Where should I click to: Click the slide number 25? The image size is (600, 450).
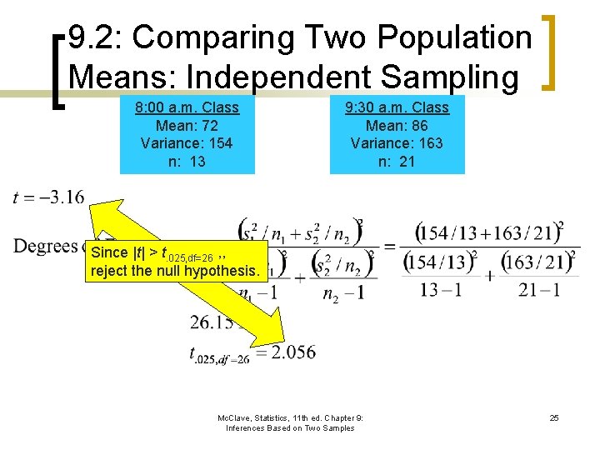tap(554, 417)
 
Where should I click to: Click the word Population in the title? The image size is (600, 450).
tap(453, 37)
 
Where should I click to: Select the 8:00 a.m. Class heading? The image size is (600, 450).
tap(187, 107)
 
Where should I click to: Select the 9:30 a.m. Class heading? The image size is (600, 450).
tap(397, 107)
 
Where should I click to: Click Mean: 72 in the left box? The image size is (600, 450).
tap(187, 126)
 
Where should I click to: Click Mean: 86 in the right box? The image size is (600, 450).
tap(397, 126)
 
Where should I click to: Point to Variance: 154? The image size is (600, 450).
tap(187, 143)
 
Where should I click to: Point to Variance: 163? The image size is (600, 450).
tap(397, 143)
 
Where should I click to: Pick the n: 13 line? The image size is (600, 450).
tap(187, 162)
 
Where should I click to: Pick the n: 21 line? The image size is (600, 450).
tap(397, 162)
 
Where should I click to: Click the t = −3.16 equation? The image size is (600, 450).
tap(49, 197)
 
